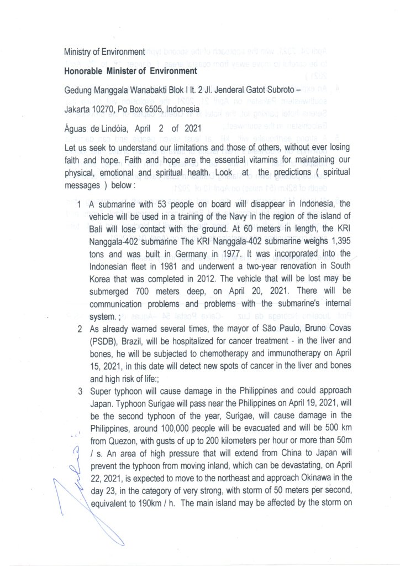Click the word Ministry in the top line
(x=77, y=52)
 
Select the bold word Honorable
(x=88, y=71)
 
